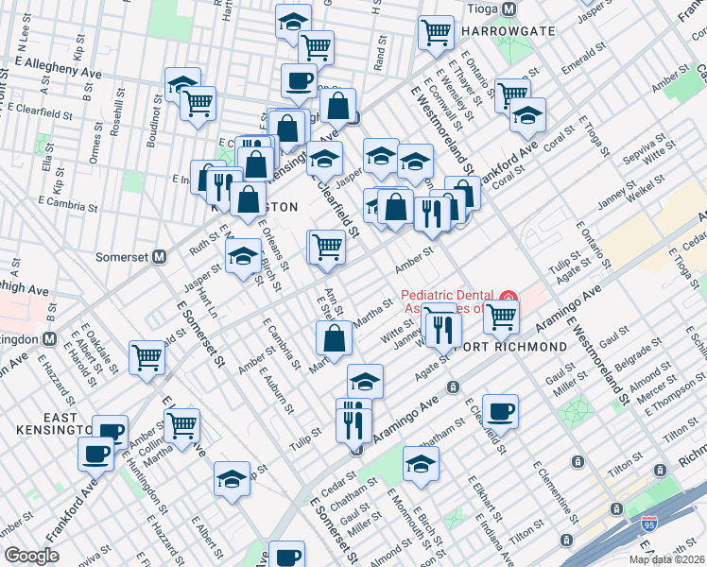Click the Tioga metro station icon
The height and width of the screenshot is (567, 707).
point(509,9)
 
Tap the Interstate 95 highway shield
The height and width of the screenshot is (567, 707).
point(648,523)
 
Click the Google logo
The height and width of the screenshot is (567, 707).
point(32,556)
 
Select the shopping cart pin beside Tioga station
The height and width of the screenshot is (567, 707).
point(436,30)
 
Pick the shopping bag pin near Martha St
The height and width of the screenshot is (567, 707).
point(335,337)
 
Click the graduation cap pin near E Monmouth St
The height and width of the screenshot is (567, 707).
point(421,462)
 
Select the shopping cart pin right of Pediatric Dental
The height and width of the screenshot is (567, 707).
point(500,316)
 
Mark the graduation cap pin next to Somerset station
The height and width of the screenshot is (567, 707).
point(243,255)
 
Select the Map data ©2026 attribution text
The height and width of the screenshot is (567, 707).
point(666,559)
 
